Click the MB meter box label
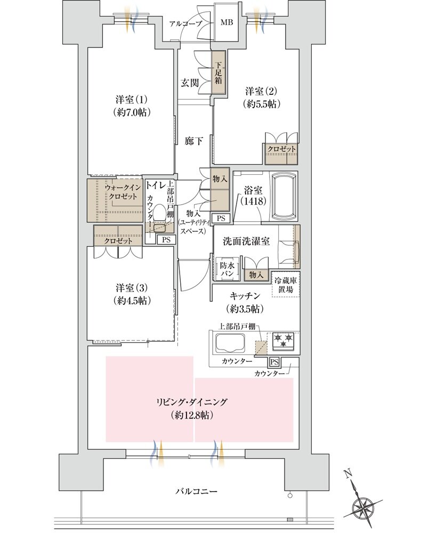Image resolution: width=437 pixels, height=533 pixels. (x=228, y=23)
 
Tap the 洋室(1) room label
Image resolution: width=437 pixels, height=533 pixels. (x=131, y=106)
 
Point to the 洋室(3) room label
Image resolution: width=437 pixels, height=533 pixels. (x=131, y=293)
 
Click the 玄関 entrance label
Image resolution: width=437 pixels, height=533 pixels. (x=190, y=83)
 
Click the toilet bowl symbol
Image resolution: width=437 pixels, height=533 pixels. (x=158, y=228)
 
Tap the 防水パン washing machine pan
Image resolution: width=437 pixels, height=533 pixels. (x=225, y=268)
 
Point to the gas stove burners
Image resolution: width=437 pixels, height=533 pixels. (x=284, y=340)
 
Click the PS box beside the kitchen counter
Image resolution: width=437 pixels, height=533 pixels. (x=274, y=361)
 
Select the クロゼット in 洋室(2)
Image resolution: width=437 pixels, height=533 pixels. (x=281, y=149)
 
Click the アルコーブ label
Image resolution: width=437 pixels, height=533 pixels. (x=184, y=23)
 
